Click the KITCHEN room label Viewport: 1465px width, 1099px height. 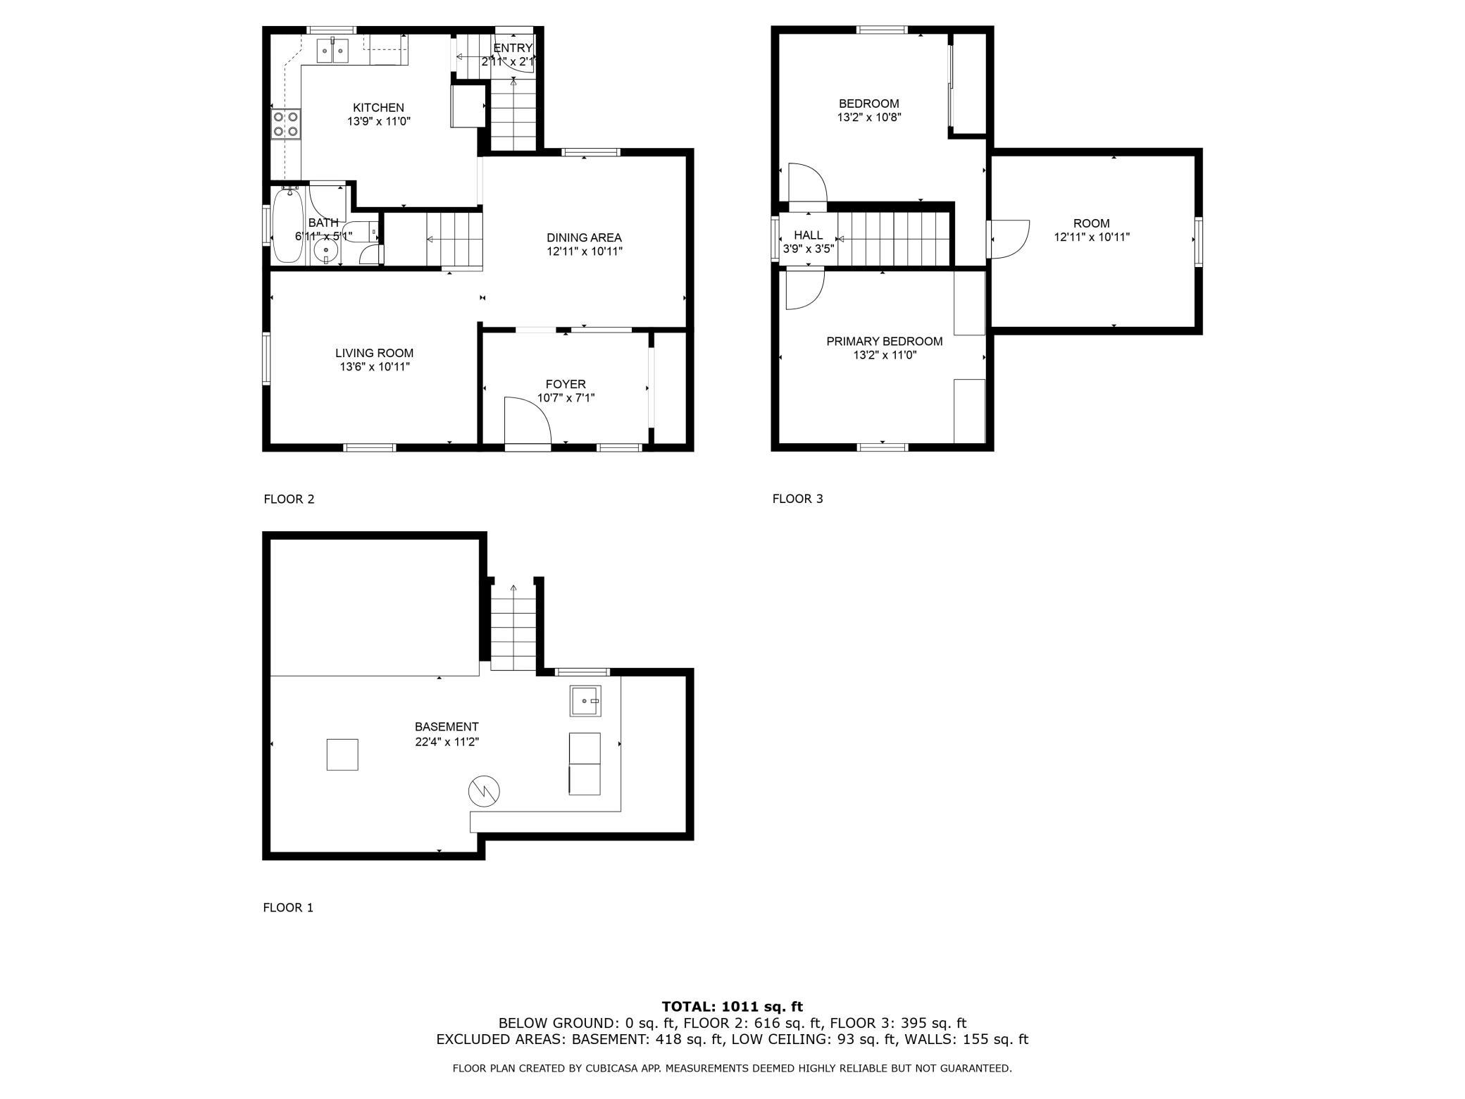tap(378, 108)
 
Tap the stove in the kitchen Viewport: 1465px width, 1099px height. tap(286, 124)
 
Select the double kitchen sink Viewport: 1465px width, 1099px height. tap(332, 51)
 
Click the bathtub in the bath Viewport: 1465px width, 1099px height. tap(289, 224)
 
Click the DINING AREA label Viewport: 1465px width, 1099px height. tap(584, 238)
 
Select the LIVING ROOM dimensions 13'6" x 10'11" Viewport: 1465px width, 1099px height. tap(375, 367)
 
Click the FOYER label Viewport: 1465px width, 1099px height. tap(566, 385)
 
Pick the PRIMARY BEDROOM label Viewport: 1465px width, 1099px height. tap(884, 342)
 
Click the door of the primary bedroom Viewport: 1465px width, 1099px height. tap(804, 290)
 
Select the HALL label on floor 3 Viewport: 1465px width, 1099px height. tap(809, 235)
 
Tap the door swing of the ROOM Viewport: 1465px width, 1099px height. tap(1008, 238)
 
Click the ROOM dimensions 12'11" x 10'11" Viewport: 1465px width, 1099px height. tap(1092, 237)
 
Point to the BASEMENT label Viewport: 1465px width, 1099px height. tap(447, 727)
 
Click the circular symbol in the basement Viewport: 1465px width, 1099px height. tap(484, 791)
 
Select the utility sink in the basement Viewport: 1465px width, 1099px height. tap(585, 701)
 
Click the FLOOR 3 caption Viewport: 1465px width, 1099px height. tap(797, 499)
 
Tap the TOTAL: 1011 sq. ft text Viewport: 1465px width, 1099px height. tap(732, 1007)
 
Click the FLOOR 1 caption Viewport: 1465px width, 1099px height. tap(288, 907)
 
